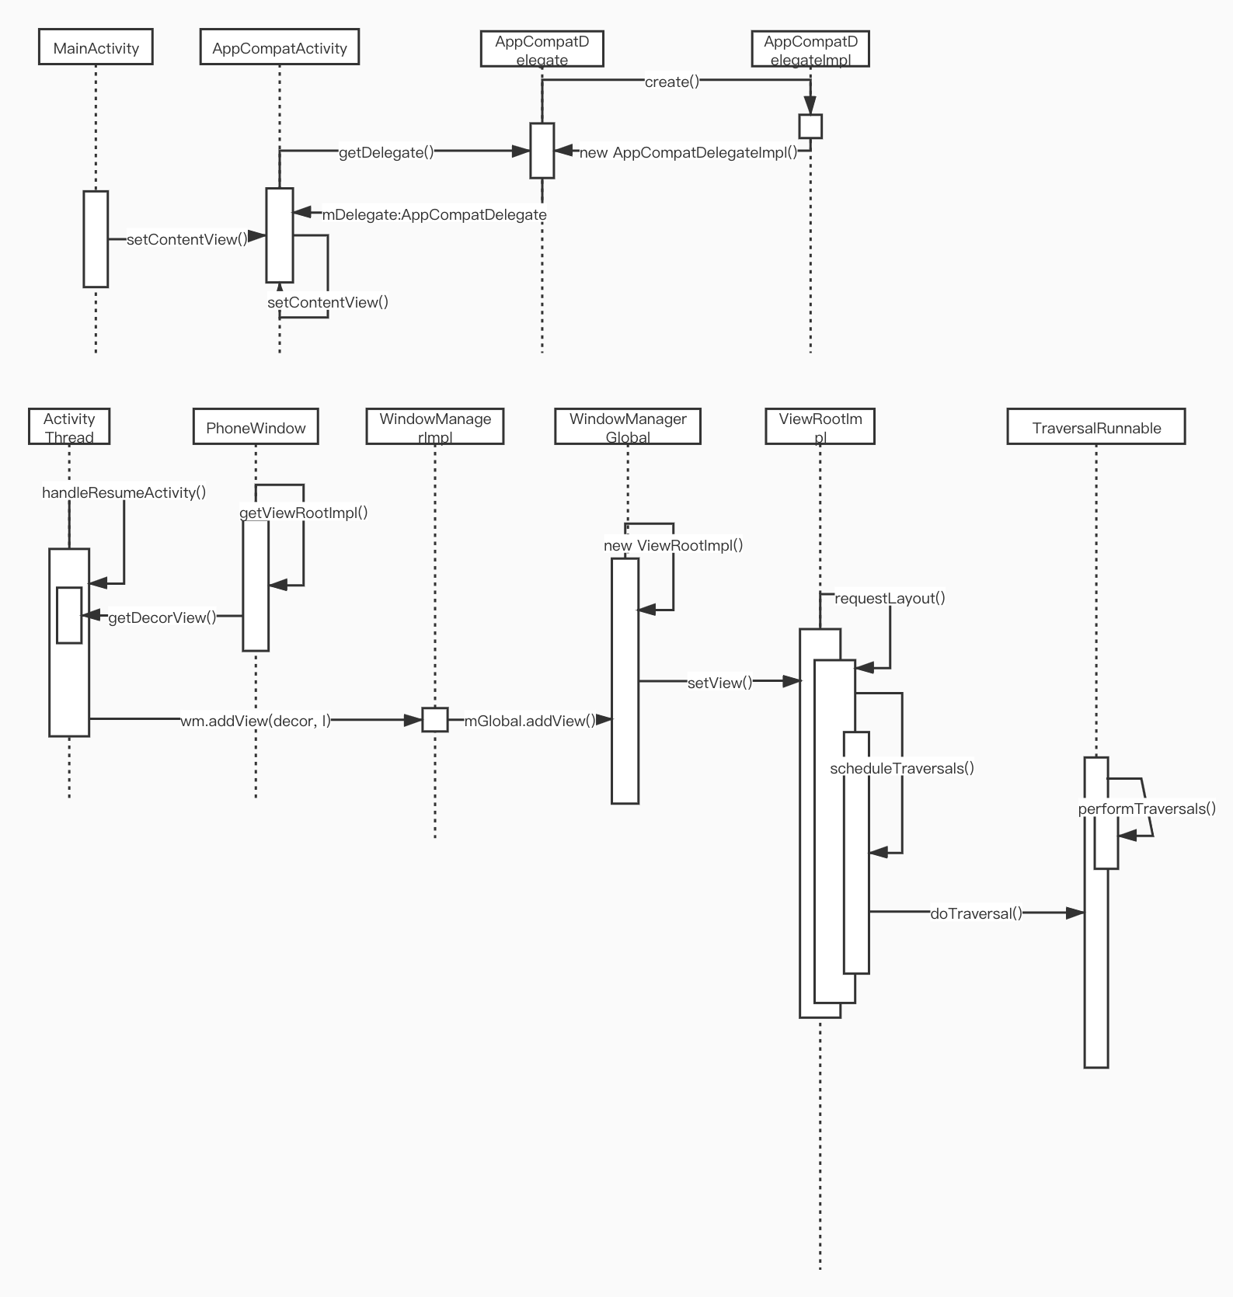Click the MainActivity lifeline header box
pyautogui.click(x=96, y=47)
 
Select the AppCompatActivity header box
pyautogui.click(x=279, y=47)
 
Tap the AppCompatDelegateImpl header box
pyautogui.click(x=810, y=50)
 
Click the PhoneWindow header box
pyautogui.click(x=256, y=427)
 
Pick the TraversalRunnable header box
pyautogui.click(x=1095, y=427)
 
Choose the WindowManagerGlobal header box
pyautogui.click(x=628, y=427)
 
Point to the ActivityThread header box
pyautogui.click(x=69, y=427)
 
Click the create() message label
pyautogui.click(x=672, y=82)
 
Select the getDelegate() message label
pyautogui.click(x=386, y=152)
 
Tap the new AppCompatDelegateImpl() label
pyautogui.click(x=688, y=152)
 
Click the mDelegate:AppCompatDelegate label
pyautogui.click(x=434, y=214)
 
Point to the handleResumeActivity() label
pyautogui.click(x=124, y=492)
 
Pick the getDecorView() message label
pyautogui.click(x=162, y=617)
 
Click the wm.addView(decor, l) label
pyautogui.click(x=256, y=721)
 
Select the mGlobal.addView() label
pyautogui.click(x=530, y=721)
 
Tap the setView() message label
pyautogui.click(x=719, y=683)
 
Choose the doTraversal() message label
pyautogui.click(x=976, y=913)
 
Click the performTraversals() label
pyautogui.click(x=1147, y=808)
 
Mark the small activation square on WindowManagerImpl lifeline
pyautogui.click(x=435, y=720)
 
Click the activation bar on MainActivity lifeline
pyautogui.click(x=96, y=239)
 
